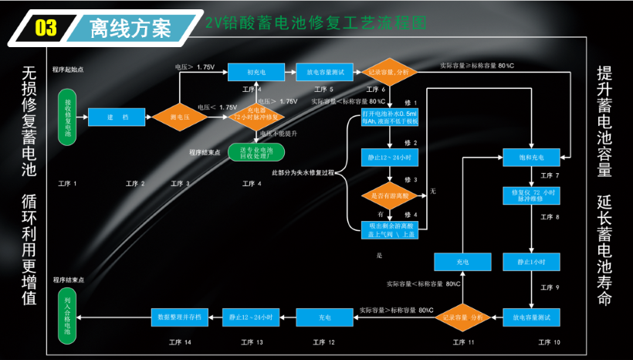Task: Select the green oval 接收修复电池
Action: click(x=68, y=117)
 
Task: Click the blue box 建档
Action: click(x=117, y=117)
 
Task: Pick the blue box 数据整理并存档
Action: click(x=179, y=317)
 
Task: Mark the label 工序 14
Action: click(x=179, y=341)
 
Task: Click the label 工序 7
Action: click(x=549, y=175)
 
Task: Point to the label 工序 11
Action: click(x=464, y=341)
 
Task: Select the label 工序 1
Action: click(x=68, y=183)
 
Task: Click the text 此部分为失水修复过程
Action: click(x=303, y=171)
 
